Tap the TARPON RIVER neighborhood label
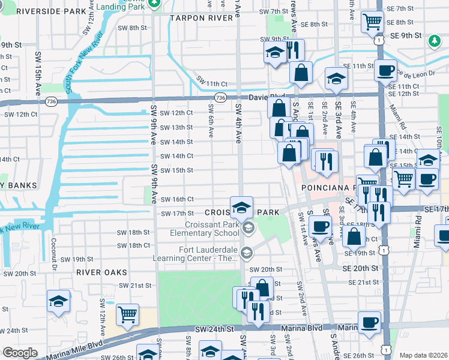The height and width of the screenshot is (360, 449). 201,19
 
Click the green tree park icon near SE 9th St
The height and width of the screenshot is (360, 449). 434,41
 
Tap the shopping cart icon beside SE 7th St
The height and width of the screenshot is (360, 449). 372,22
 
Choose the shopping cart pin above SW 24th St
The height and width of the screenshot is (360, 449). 127,314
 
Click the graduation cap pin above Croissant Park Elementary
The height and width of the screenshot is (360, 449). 241,208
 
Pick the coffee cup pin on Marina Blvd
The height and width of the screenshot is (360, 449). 369,322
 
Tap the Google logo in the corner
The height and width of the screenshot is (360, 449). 20,353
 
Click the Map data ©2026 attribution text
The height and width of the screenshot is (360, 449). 423,355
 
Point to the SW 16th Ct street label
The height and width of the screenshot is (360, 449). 179,199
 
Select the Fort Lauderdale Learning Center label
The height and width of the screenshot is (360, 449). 208,254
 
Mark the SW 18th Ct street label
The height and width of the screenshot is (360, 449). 133,246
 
